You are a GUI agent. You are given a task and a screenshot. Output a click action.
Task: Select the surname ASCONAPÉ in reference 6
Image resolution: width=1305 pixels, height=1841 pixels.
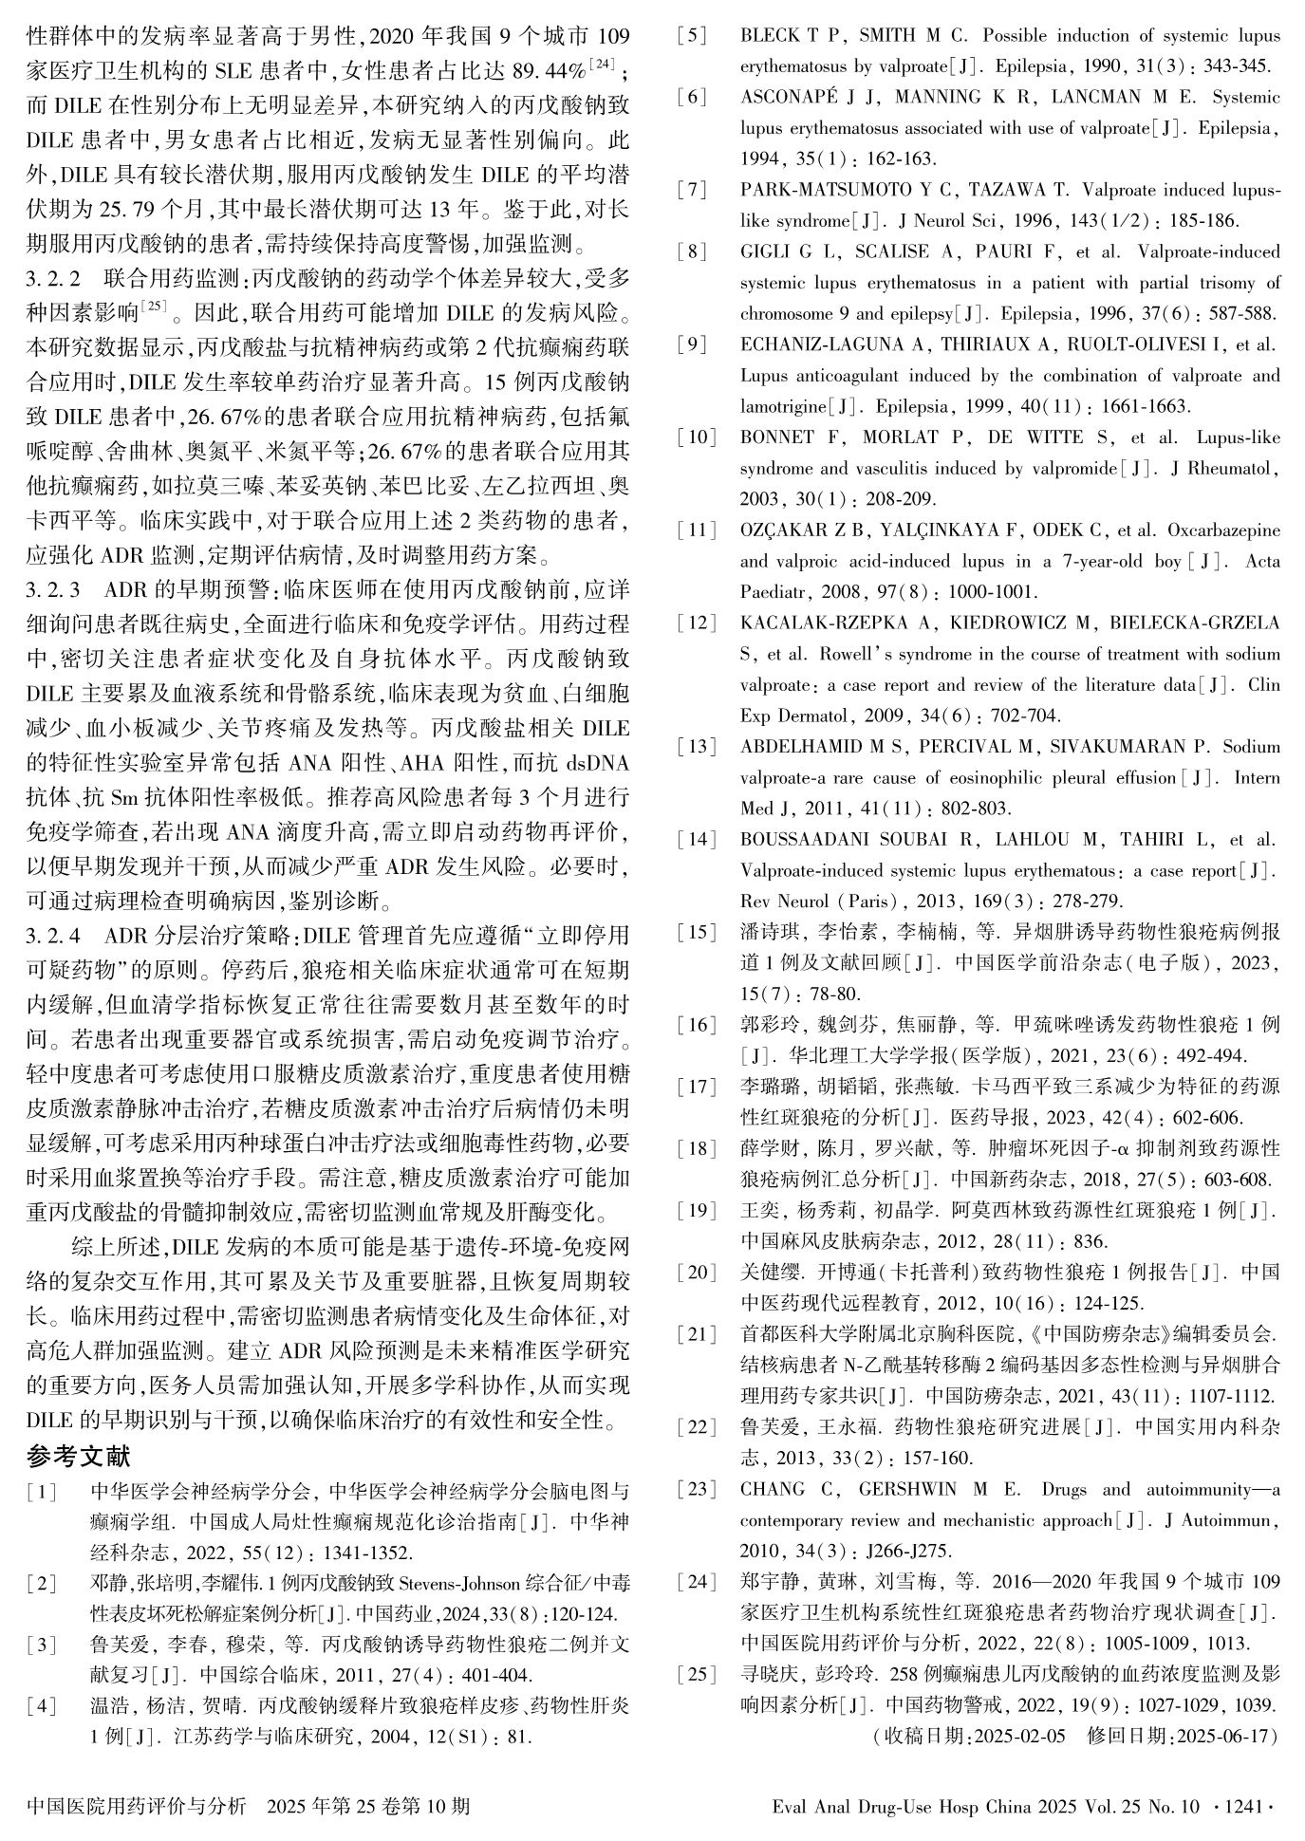click(x=787, y=97)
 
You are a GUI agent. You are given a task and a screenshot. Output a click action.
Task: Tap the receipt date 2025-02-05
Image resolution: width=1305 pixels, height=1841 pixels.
click(x=1018, y=1736)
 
